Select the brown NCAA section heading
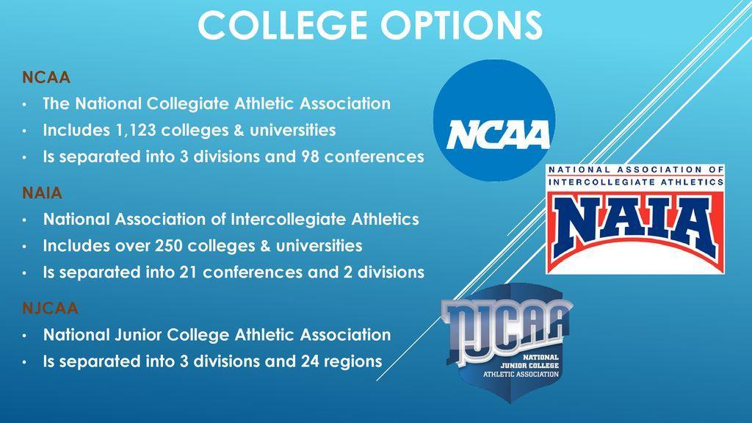click(46, 77)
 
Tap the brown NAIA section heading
click(42, 193)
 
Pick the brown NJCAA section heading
click(50, 308)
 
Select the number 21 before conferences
click(188, 272)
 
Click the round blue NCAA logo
click(494, 120)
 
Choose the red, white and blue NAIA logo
click(635, 219)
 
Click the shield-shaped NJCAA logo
click(507, 344)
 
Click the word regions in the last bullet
click(353, 361)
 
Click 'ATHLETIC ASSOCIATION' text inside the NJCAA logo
click(521, 374)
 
